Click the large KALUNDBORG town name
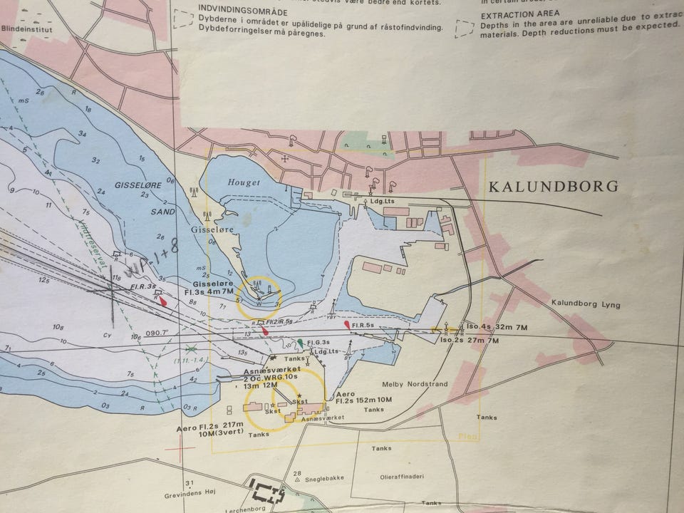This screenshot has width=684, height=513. [x=553, y=187]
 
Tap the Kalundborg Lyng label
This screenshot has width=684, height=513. [x=586, y=305]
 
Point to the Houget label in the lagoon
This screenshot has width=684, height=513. [x=244, y=183]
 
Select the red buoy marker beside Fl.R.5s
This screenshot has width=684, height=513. [x=347, y=325]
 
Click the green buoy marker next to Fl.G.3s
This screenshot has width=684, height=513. [x=301, y=343]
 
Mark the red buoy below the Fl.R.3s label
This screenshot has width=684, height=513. [x=164, y=301]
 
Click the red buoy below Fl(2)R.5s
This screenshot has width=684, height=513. [x=265, y=330]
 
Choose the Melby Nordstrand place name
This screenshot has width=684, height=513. [x=415, y=384]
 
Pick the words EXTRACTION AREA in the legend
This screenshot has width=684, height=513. [x=519, y=14]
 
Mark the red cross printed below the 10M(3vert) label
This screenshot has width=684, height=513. [x=184, y=449]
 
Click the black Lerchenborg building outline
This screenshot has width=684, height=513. [x=267, y=492]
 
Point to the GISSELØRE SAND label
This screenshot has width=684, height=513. [x=145, y=202]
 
